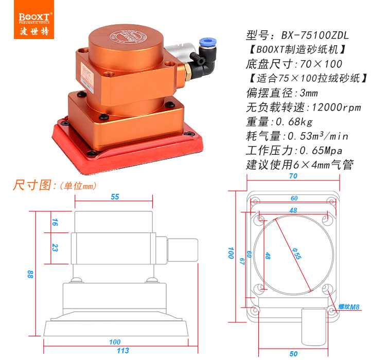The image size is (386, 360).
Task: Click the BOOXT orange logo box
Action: point(34,20)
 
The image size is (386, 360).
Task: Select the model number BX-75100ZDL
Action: point(315,35)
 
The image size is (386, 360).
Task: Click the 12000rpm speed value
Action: point(336,107)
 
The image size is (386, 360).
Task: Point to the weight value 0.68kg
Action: point(294,122)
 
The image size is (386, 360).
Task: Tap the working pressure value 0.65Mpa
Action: point(321,151)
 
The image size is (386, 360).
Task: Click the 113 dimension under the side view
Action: point(123,351)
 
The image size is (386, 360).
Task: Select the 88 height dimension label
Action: point(30,274)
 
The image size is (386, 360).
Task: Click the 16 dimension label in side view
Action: point(55,222)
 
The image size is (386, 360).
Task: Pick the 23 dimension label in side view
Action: point(55,247)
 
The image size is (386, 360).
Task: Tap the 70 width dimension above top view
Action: point(293,176)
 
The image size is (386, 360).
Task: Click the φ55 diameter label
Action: point(296,254)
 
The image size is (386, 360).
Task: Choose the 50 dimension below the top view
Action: point(293,354)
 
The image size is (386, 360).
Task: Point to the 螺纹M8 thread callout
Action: point(349,307)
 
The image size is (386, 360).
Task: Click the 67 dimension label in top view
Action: point(242,261)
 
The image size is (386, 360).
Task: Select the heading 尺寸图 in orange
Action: point(32,185)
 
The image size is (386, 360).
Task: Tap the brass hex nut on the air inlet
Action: point(188,72)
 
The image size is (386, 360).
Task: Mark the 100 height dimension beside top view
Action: point(231,253)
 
